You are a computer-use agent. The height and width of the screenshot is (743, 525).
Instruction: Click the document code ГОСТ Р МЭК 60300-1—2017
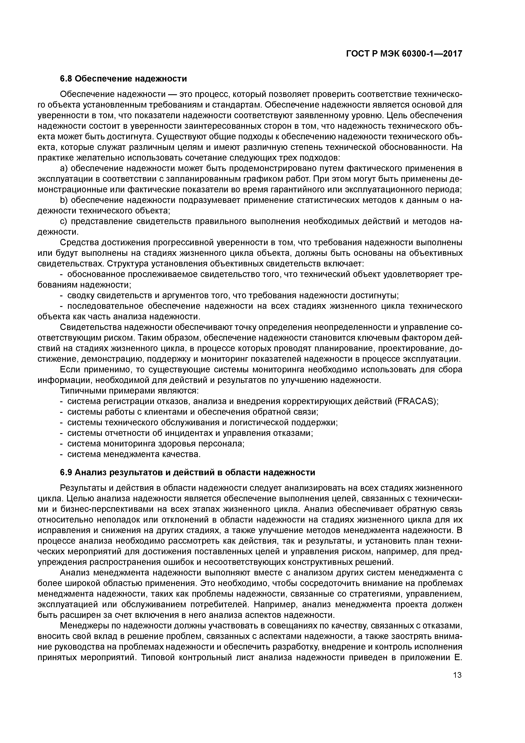point(404,54)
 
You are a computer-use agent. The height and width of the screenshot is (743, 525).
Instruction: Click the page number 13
point(457,675)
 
